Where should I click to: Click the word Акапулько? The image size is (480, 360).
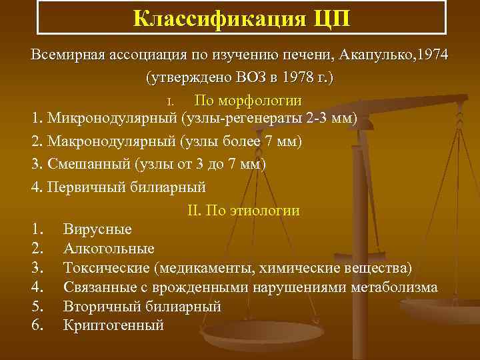pyautogui.click(x=370, y=55)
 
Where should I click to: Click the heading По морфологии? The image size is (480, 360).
pyautogui.click(x=248, y=101)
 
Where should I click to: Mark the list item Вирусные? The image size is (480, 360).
pyautogui.click(x=97, y=229)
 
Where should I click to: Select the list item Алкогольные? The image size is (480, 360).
pyautogui.click(x=109, y=249)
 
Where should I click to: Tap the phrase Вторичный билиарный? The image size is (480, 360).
pyautogui.click(x=142, y=307)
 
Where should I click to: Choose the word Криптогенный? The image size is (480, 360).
pyautogui.click(x=113, y=326)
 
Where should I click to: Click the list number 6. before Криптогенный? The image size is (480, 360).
pyautogui.click(x=37, y=326)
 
